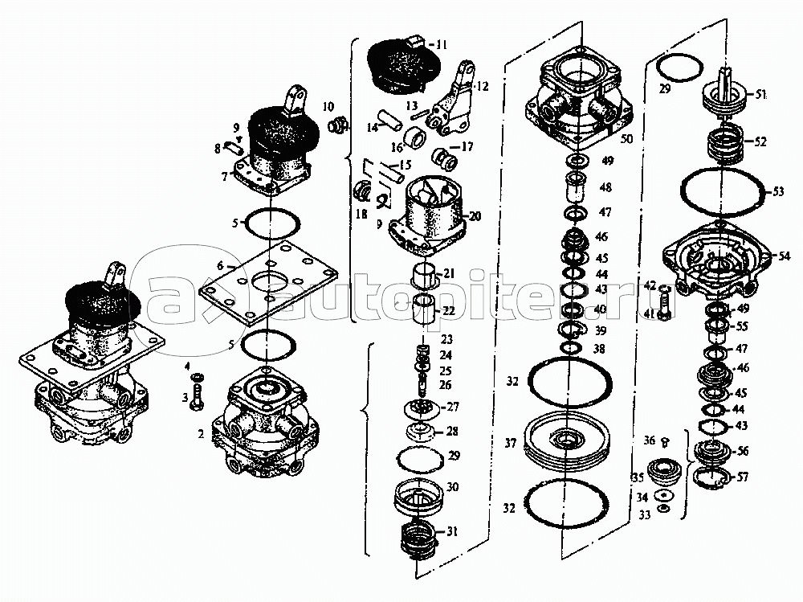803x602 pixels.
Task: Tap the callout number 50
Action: coord(626,139)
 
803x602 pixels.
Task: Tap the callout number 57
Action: coord(743,477)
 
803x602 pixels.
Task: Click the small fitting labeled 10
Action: coord(340,126)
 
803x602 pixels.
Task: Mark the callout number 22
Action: coord(449,311)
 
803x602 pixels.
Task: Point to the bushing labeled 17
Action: coord(444,155)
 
